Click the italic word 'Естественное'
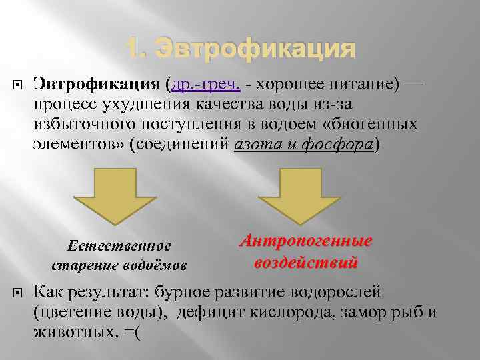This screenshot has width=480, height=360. coord(120,246)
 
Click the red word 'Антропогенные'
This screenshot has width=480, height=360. coord(306,242)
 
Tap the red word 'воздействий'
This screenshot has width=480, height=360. coord(306,262)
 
